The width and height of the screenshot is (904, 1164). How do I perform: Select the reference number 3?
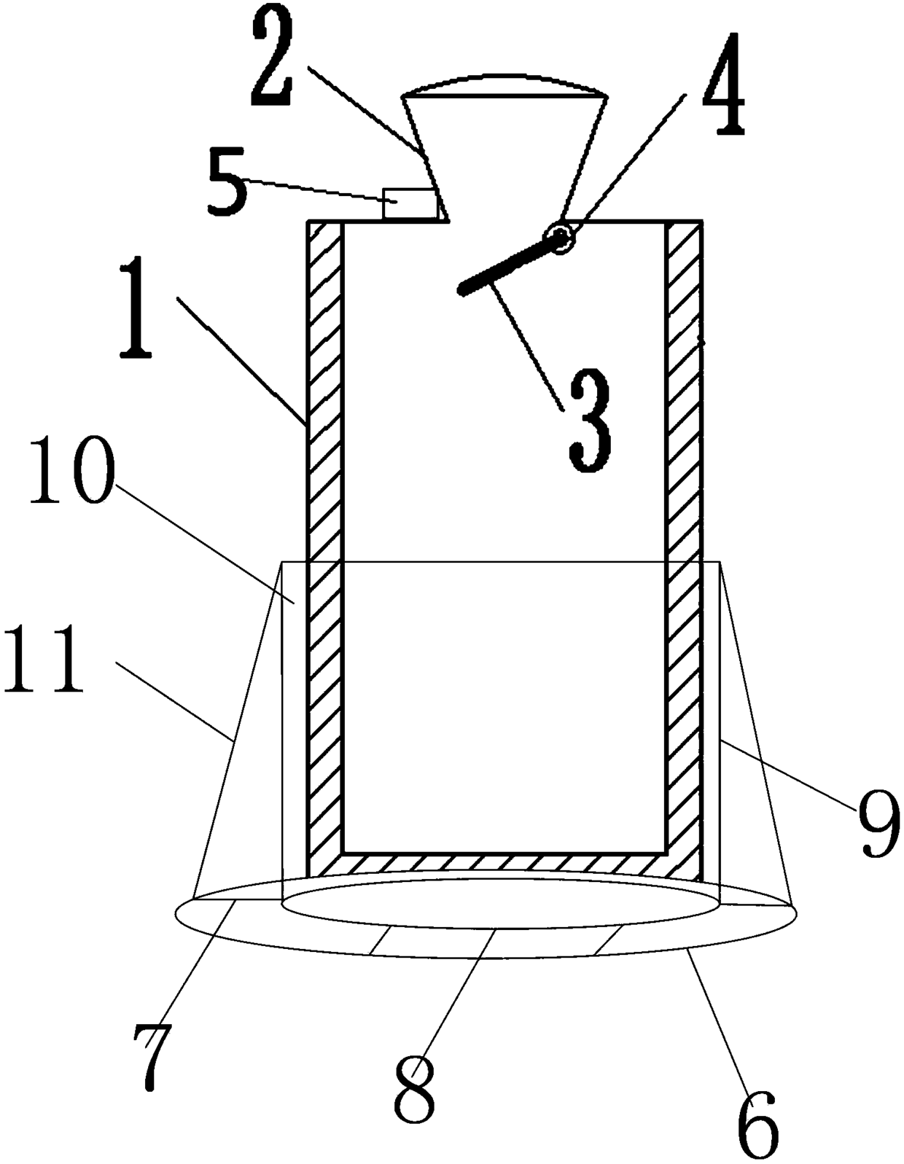pos(590,421)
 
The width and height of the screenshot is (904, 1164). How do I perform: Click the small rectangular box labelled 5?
pos(410,203)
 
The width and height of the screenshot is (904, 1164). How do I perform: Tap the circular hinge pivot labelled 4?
pos(561,237)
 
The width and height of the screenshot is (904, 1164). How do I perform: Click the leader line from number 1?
pos(241,357)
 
